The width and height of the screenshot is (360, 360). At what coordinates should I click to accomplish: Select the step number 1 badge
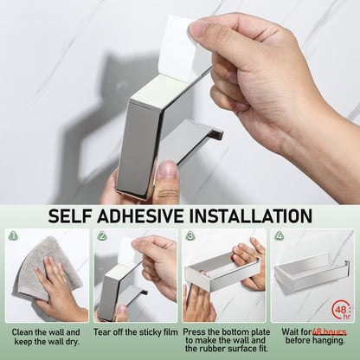[x=12, y=235]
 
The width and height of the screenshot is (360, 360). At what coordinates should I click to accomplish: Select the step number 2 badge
[x=101, y=235]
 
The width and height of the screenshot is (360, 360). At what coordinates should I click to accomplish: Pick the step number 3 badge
[x=190, y=235]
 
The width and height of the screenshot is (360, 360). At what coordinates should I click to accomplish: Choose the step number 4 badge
[x=279, y=235]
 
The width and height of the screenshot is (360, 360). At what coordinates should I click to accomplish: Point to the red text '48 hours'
[x=329, y=331]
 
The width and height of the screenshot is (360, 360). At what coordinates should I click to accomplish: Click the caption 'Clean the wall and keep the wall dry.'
[x=47, y=337]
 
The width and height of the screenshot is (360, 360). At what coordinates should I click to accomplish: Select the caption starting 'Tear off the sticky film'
[x=136, y=331]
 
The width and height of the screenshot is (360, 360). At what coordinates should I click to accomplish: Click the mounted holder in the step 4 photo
[x=312, y=273]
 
